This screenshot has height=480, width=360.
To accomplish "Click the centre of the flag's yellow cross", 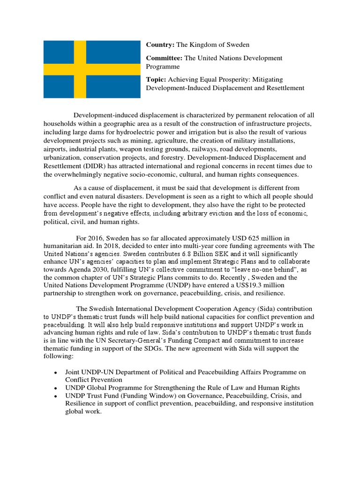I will (x=80, y=69).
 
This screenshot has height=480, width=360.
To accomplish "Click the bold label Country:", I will (x=160, y=45).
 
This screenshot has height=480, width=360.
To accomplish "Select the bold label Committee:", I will (x=164, y=58).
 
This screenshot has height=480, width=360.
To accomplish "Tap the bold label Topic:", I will (x=156, y=79).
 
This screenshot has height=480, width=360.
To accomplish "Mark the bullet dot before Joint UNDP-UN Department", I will (x=55, y=373).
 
